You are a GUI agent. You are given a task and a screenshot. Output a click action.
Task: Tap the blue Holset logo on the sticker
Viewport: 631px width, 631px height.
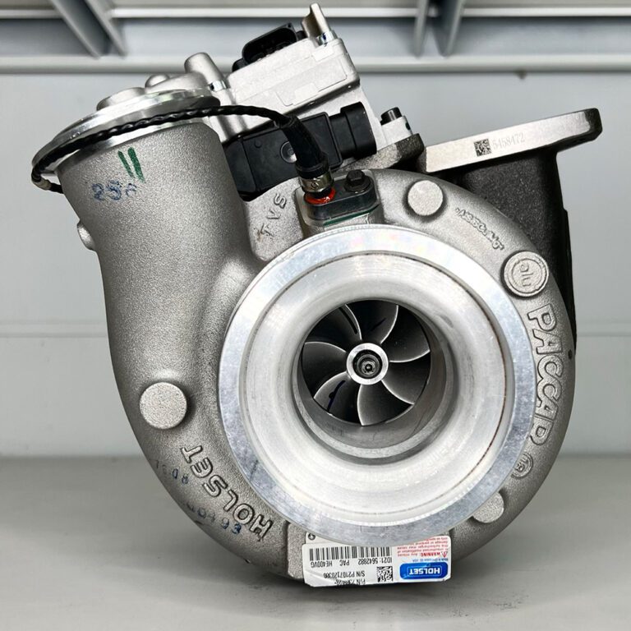pyautogui.click(x=425, y=570)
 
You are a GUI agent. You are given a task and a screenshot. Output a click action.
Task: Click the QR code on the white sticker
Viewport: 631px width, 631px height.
pyautogui.click(x=384, y=573)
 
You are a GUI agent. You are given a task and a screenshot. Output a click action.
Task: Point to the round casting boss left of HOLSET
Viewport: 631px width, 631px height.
pyautogui.click(x=163, y=406)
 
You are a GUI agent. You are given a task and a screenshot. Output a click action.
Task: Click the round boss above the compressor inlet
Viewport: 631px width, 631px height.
pyautogui.click(x=425, y=198)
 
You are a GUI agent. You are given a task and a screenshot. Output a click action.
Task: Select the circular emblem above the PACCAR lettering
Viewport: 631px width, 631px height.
pyautogui.click(x=527, y=274)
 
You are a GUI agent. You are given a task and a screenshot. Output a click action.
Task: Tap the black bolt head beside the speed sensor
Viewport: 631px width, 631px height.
pyautogui.click(x=357, y=182)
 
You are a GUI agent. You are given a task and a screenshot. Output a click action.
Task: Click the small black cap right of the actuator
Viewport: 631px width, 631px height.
pyautogui.click(x=391, y=115)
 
